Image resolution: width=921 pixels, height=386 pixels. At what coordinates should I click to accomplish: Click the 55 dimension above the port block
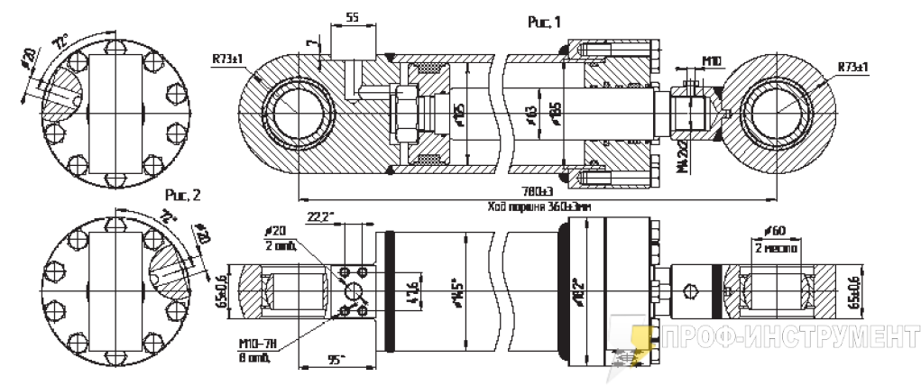coord(353,17)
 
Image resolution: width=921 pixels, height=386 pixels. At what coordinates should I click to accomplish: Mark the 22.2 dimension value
coord(321,216)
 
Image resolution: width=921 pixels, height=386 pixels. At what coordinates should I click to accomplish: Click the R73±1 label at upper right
coord(852,67)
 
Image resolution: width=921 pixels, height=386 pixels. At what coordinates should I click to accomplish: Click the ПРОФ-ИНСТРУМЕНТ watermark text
coord(785,339)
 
